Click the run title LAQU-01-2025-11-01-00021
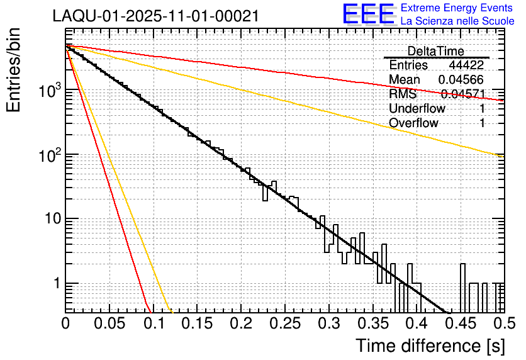[x=155, y=16]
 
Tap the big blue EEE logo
[x=369, y=14]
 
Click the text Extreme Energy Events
[x=457, y=8]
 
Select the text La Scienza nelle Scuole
[x=457, y=21]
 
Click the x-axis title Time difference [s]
[x=429, y=346]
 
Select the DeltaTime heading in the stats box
[x=436, y=51]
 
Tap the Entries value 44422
[x=466, y=65]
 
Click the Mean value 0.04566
[x=461, y=80]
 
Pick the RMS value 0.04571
[x=462, y=94]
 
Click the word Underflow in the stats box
[x=417, y=109]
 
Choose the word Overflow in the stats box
[x=413, y=123]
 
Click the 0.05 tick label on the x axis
[x=110, y=323]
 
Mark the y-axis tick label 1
[x=55, y=284]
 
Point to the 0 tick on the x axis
[x=66, y=323]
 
